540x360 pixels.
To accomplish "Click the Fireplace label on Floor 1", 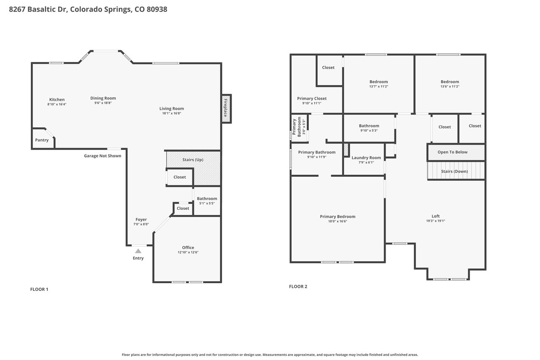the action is [x=225, y=108].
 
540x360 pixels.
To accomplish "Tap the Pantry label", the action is [x=42, y=140].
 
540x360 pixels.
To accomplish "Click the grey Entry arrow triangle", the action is [x=138, y=251].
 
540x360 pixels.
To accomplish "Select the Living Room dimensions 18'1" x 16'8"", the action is [x=172, y=114].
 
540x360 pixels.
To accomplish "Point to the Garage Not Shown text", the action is [x=103, y=156].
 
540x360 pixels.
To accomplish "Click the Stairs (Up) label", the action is [x=193, y=160].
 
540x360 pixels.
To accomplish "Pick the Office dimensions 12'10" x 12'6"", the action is [x=188, y=252].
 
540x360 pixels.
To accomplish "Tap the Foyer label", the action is [x=141, y=219].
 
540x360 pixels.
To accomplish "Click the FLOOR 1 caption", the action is [x=39, y=290].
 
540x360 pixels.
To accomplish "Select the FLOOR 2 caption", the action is [x=298, y=287].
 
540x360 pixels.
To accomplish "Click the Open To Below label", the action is [x=453, y=152].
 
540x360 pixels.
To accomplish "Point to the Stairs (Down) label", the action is [x=454, y=171].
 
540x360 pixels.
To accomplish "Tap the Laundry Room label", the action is [x=366, y=158].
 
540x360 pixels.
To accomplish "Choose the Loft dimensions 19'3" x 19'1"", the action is [x=436, y=221].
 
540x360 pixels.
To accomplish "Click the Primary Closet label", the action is [x=312, y=99].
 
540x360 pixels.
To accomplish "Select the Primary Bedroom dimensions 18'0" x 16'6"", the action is [x=337, y=221].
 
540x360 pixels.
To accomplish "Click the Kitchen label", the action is [x=57, y=100].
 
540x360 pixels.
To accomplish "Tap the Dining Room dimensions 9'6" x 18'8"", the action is [x=103, y=103].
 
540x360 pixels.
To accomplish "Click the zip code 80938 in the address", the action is [x=157, y=9].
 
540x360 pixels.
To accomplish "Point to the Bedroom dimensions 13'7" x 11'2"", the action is [x=379, y=87].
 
